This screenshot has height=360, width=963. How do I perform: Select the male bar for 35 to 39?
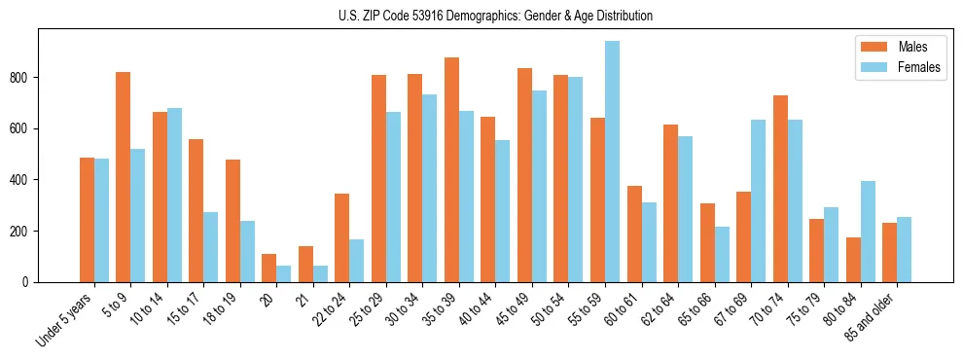(451, 170)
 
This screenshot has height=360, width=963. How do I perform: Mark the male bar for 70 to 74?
(780, 189)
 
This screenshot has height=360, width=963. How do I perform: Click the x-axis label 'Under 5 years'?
(65, 318)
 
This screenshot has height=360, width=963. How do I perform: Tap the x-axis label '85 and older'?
(872, 316)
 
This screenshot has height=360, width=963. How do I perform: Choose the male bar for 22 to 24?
(342, 237)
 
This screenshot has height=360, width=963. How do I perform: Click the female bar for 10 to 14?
(174, 195)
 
